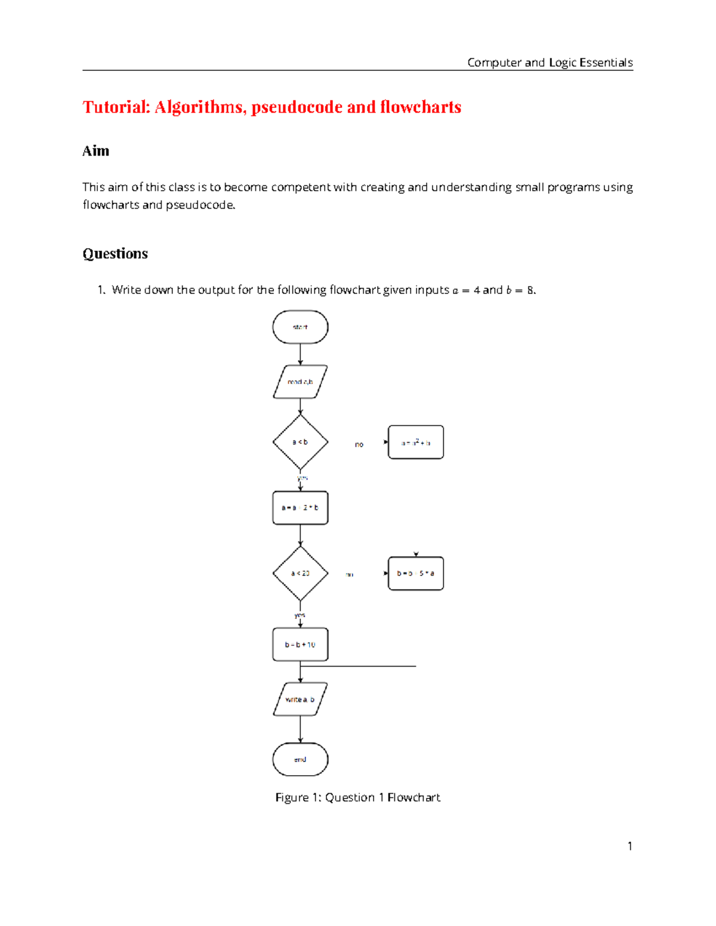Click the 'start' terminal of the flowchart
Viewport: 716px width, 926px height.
(300, 327)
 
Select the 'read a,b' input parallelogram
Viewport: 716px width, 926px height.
(300, 382)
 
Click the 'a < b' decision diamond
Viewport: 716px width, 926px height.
(300, 442)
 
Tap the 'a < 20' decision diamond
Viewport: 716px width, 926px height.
(300, 574)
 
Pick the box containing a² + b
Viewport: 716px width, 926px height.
(416, 442)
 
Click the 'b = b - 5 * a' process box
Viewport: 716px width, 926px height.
(416, 574)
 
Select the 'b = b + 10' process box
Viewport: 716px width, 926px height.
(300, 645)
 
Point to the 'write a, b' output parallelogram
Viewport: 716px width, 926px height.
(300, 699)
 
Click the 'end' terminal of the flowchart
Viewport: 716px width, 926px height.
(300, 760)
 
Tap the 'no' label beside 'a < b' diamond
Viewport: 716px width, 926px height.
(359, 445)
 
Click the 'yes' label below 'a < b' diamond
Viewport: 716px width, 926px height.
(303, 478)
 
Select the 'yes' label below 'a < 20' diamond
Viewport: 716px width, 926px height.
(300, 615)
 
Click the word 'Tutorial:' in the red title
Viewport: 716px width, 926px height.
(116, 107)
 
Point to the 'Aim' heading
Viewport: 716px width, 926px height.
(95, 151)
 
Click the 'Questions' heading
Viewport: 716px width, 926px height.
(115, 254)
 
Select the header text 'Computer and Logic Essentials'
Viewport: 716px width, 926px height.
(550, 63)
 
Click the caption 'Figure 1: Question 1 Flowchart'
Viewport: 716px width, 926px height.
(357, 798)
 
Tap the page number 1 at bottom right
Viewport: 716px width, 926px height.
(629, 846)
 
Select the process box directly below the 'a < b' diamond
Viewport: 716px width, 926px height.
(300, 508)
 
